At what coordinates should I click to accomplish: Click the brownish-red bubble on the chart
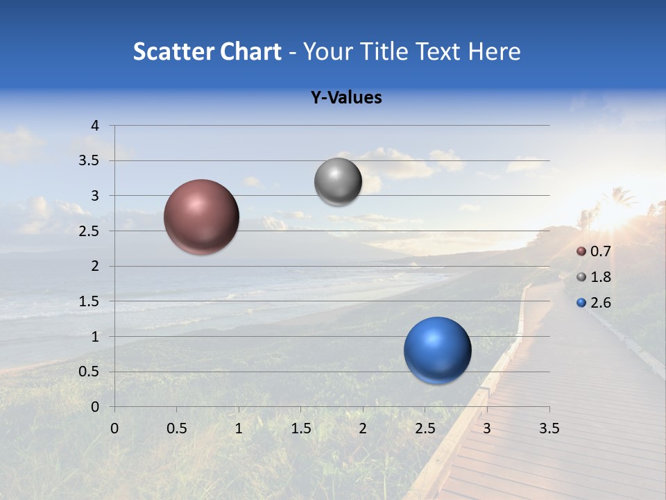[202, 217]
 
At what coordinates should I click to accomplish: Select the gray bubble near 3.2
[338, 182]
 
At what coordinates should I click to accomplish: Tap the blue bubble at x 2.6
[437, 350]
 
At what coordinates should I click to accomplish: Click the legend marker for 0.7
[581, 251]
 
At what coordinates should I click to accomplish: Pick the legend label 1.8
[600, 277]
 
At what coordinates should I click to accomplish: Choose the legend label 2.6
[600, 303]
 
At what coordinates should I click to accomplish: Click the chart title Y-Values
[345, 98]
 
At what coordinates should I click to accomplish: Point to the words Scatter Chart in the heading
[207, 51]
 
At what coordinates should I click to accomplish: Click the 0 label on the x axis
[114, 428]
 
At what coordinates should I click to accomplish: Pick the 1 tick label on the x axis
[239, 428]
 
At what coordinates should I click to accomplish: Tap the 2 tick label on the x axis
[363, 428]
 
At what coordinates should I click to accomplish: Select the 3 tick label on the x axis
[487, 428]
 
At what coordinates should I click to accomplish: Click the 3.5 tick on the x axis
[549, 428]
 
